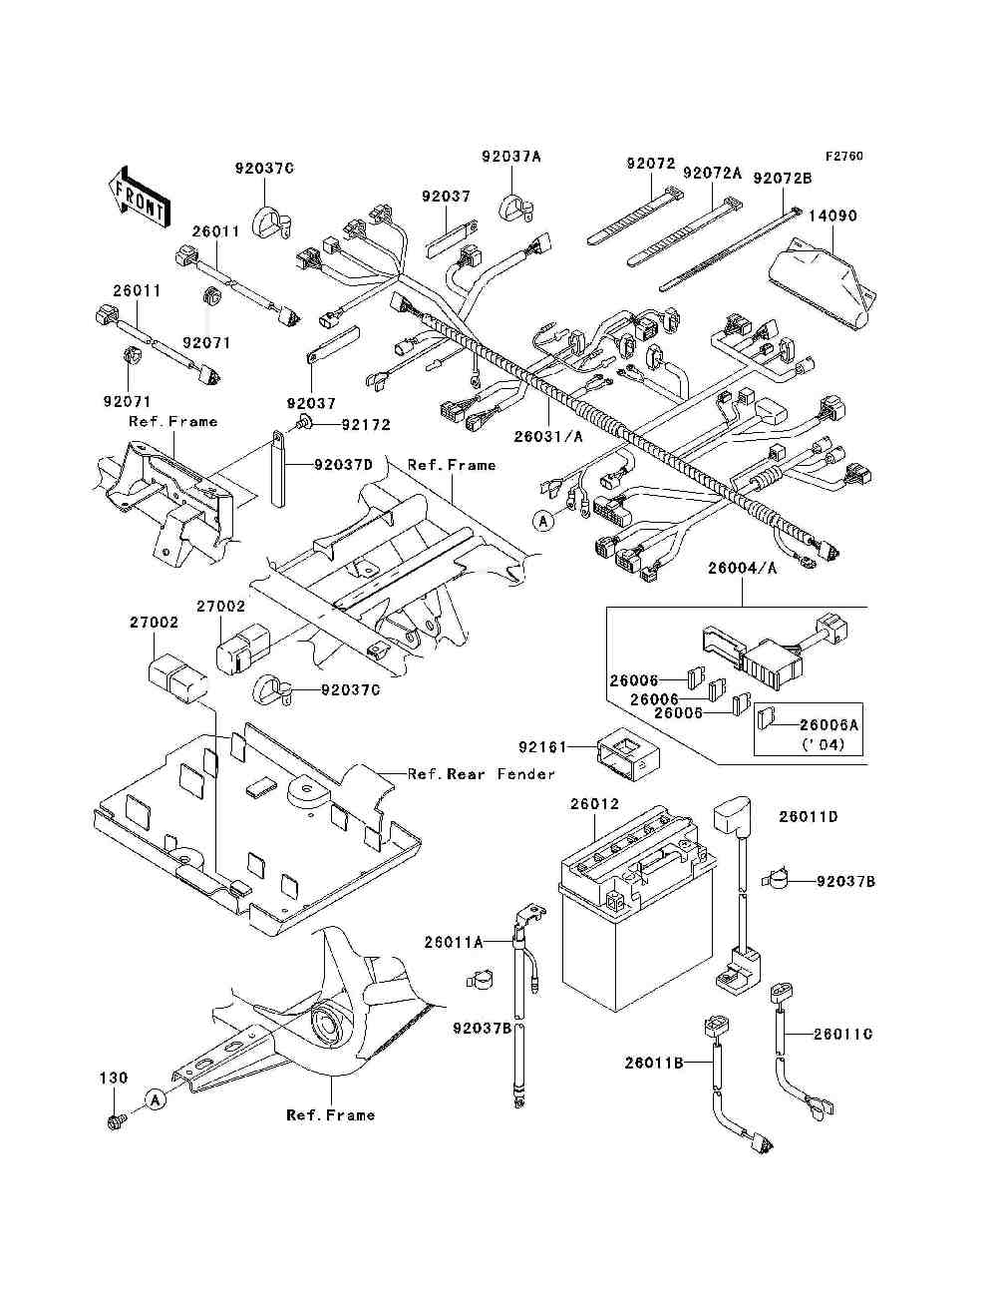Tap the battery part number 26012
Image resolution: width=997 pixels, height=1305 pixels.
click(594, 804)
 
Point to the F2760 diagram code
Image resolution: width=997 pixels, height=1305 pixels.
click(842, 157)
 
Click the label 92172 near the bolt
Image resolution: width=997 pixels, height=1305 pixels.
click(365, 425)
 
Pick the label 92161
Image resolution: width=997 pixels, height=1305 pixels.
click(542, 746)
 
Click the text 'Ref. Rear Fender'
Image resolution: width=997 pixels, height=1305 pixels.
click(481, 774)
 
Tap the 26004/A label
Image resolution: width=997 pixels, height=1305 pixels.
click(741, 568)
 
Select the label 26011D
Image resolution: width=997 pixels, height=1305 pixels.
click(808, 817)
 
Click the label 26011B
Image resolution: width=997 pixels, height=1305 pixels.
click(654, 1064)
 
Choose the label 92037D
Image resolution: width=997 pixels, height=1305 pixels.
click(344, 465)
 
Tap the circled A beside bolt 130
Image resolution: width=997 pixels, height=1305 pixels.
click(155, 1099)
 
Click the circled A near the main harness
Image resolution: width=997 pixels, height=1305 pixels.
click(542, 520)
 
